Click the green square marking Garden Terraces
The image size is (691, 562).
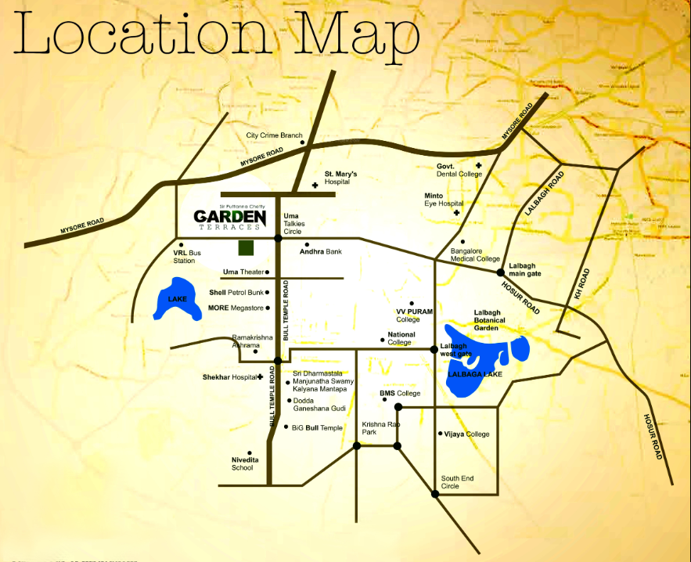[247, 248]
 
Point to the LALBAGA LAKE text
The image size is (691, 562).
[474, 375]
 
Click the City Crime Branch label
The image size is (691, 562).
[274, 135]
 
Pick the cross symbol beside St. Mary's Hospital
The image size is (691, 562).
[315, 186]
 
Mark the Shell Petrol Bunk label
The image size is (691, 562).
[236, 293]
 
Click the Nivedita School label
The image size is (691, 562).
[242, 463]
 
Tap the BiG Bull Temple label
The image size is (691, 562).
[317, 428]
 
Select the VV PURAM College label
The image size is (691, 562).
[415, 315]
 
